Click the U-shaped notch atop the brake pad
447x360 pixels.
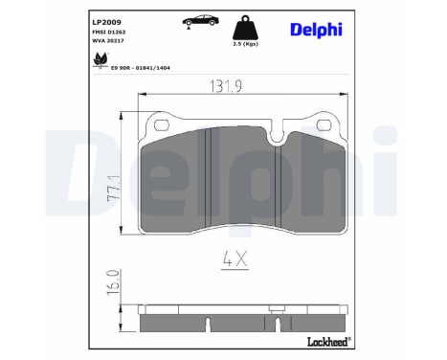tap(276, 135)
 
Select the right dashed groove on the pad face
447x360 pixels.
tap(277, 187)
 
